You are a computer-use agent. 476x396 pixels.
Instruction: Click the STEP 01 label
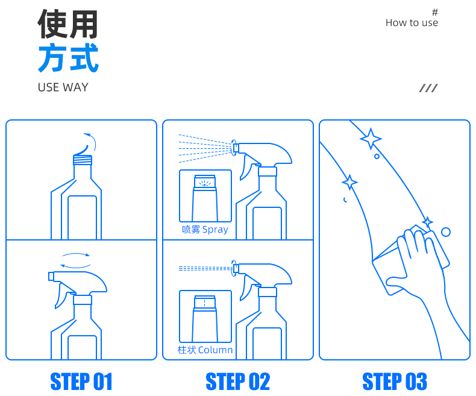[x=81, y=381]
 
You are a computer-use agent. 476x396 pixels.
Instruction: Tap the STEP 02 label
[x=237, y=381]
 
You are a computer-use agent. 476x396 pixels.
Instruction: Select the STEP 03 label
[x=395, y=381]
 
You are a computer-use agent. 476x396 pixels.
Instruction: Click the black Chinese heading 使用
[x=67, y=24]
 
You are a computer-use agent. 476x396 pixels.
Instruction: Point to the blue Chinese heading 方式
[x=68, y=57]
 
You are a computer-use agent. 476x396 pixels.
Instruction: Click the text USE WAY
[x=63, y=87]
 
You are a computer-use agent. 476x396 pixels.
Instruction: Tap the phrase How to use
[x=412, y=23]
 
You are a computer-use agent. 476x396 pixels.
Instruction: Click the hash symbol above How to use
[x=435, y=12]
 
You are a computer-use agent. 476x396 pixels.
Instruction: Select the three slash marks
[x=428, y=88]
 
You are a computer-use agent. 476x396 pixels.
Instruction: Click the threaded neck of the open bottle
[x=83, y=160]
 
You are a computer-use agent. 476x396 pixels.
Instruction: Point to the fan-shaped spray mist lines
[x=205, y=148]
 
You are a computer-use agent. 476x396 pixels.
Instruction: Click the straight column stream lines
[x=205, y=268]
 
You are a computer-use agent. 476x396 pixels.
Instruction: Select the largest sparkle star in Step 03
[x=371, y=139]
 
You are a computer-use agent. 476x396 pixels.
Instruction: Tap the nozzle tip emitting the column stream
[x=236, y=268]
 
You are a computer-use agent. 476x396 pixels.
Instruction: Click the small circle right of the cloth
[x=446, y=232]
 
